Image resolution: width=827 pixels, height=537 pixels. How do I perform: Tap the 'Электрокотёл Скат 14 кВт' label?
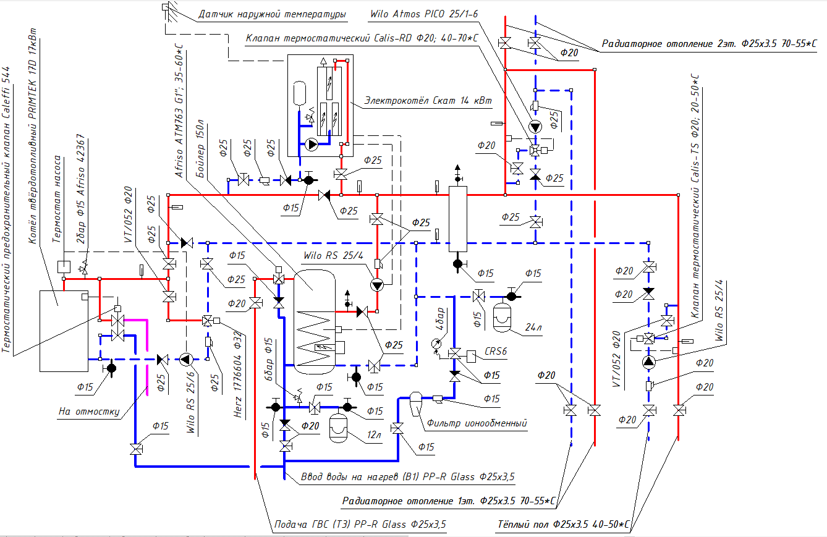click(x=428, y=101)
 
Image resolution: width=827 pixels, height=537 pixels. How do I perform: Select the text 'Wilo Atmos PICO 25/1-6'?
click(x=423, y=14)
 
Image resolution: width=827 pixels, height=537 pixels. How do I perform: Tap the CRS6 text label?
click(x=496, y=351)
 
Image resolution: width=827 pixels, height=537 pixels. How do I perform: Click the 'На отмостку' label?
click(x=88, y=410)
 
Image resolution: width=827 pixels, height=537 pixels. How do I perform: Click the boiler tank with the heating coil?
click(x=315, y=321)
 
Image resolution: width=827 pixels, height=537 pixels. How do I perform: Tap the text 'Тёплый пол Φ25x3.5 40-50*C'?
click(x=563, y=525)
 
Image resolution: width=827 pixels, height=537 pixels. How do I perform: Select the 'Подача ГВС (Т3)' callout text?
click(x=359, y=525)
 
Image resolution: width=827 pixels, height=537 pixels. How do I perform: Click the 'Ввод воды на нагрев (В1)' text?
click(x=407, y=476)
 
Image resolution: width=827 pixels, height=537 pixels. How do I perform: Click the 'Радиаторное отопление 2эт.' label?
click(x=711, y=44)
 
